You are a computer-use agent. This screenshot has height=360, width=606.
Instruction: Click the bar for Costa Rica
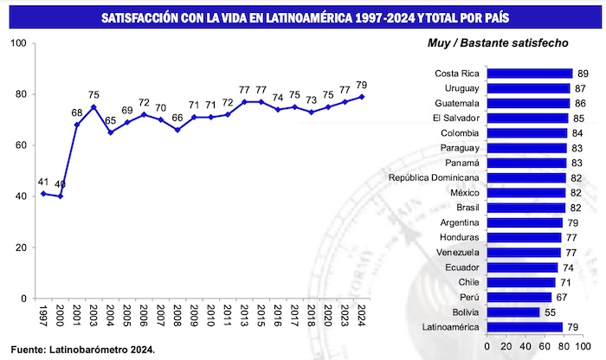[x=529, y=74]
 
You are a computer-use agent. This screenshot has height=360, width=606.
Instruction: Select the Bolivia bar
[x=512, y=312]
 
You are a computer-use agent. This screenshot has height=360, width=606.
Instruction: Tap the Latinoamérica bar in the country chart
[x=527, y=326]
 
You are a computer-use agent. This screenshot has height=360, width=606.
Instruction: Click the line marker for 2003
[x=93, y=107]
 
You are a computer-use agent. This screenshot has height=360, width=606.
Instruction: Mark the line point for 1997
[x=43, y=194]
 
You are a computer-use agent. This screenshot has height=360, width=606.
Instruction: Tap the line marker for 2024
[x=362, y=97]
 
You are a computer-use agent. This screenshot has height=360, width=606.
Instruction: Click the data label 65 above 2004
[x=110, y=121]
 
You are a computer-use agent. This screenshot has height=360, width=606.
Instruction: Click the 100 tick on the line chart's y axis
[x=17, y=43]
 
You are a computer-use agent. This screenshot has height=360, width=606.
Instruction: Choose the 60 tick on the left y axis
[x=20, y=145]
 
